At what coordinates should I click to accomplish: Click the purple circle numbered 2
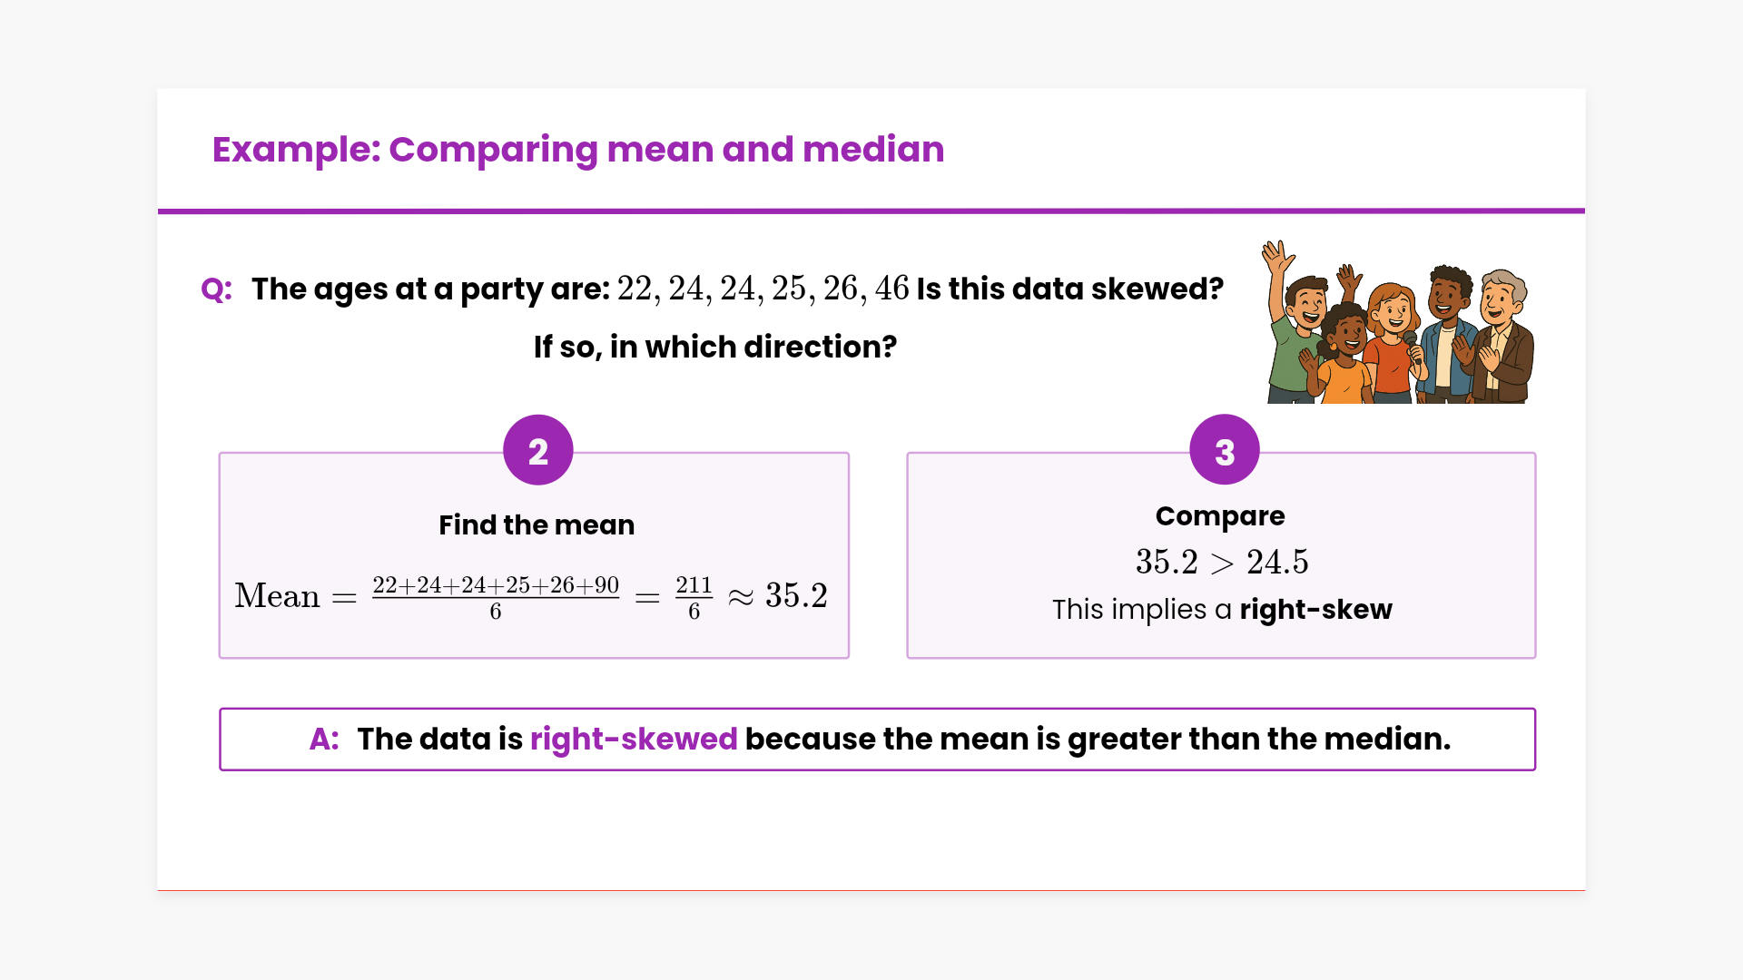tap(538, 450)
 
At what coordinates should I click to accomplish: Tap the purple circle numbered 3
tap(1225, 450)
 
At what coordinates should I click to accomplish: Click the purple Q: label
tap(216, 289)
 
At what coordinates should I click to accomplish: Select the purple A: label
tap(324, 740)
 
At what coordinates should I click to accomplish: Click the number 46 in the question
tap(891, 289)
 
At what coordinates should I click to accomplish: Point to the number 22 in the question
tap(635, 289)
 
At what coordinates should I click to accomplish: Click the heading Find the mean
tap(537, 525)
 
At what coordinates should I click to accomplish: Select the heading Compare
tap(1220, 516)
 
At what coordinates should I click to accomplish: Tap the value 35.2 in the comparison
tap(1167, 563)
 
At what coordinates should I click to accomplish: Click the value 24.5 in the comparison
tap(1277, 563)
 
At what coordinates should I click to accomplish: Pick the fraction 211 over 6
tap(694, 598)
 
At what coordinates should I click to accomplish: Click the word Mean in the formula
tap(277, 596)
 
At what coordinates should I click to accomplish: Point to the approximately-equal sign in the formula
tap(741, 597)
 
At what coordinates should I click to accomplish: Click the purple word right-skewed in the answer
tap(634, 740)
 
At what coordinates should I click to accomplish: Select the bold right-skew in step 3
tap(1315, 610)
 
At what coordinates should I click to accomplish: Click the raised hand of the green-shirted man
tap(1277, 257)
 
